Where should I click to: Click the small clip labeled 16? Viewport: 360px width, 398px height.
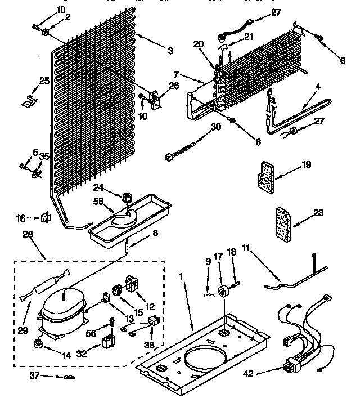[46, 217]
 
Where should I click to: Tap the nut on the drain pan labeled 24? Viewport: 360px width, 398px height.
[125, 198]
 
